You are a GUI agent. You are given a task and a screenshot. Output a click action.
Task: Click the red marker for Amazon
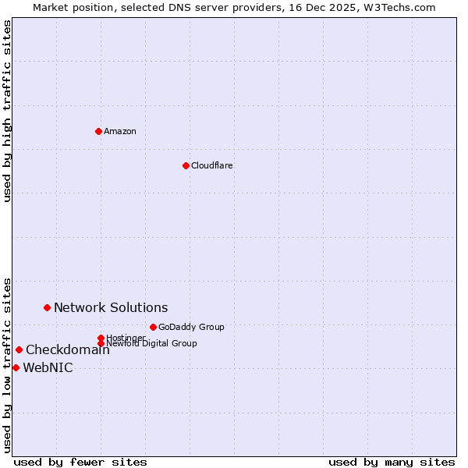point(98,131)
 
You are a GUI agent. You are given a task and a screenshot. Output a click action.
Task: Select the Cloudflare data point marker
point(186,165)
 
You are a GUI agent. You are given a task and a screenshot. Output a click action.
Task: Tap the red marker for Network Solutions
point(47,307)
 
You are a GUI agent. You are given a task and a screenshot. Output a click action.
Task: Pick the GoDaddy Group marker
point(153,327)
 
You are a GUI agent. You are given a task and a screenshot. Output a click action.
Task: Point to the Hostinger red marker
point(101,338)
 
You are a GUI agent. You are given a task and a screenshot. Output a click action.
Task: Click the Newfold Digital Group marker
point(101,343)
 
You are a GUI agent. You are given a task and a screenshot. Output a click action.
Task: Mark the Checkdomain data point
point(19,349)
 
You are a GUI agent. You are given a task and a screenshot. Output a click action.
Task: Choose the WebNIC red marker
point(16,367)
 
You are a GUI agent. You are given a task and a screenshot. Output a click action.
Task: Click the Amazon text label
point(120,131)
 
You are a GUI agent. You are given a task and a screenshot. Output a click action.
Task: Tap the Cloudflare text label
point(212,165)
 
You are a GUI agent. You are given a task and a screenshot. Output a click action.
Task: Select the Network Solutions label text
point(111,307)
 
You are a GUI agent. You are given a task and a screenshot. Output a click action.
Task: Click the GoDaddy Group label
point(191,327)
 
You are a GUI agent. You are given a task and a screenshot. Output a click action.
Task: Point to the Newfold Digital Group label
point(152,343)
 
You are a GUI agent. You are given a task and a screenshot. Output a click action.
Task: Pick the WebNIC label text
point(48,368)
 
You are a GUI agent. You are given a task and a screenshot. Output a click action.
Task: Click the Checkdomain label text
point(67,349)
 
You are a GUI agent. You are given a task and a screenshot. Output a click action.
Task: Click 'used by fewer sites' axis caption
point(80,462)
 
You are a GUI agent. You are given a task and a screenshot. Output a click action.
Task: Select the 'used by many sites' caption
point(392,462)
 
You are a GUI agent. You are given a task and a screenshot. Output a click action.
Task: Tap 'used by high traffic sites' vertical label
point(7,111)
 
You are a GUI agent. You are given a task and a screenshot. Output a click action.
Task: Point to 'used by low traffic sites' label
point(7,364)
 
